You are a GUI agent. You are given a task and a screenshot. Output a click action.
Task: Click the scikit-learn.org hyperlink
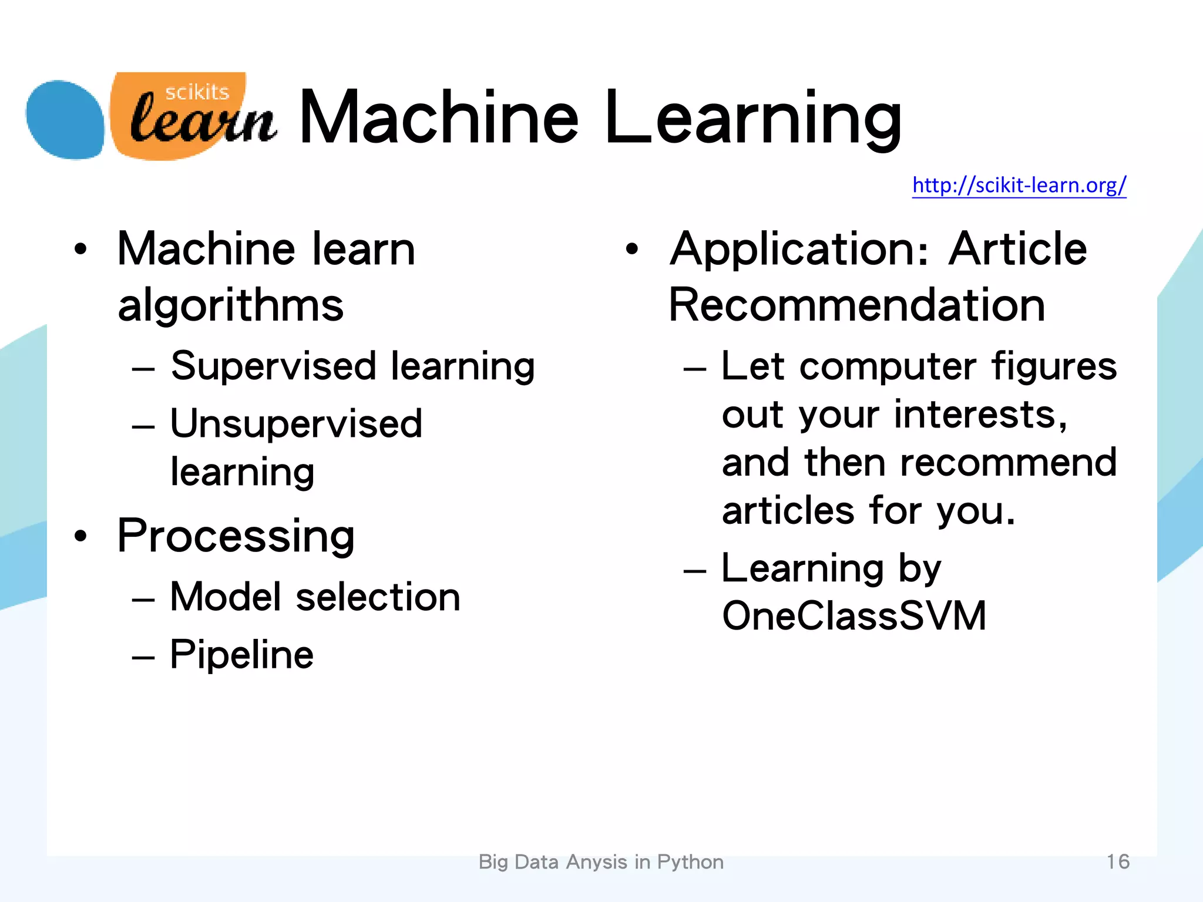(x=1019, y=186)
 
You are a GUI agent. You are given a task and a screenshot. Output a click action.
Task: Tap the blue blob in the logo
(x=65, y=120)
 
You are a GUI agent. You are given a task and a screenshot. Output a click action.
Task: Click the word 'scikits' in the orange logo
(x=197, y=92)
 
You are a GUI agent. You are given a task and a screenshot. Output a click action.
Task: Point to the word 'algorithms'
(x=230, y=305)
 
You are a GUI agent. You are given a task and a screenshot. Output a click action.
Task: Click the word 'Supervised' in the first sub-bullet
(x=273, y=366)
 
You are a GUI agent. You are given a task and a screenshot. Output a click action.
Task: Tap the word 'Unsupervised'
(x=296, y=423)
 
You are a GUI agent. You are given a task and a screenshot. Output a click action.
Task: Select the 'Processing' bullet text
(x=236, y=537)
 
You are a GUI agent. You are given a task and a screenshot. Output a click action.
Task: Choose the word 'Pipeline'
(x=241, y=655)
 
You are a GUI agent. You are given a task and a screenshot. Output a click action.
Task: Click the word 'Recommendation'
(x=856, y=305)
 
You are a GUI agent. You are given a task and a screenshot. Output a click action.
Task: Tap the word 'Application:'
(x=799, y=250)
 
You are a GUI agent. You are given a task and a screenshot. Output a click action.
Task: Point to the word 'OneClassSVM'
(x=854, y=616)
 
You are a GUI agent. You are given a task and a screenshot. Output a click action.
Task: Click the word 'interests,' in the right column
(x=980, y=415)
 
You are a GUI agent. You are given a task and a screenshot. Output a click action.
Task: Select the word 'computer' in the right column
(x=888, y=366)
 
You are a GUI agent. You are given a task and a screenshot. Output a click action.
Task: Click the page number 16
(x=1118, y=861)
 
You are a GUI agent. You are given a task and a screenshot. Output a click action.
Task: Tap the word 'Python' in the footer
(x=690, y=862)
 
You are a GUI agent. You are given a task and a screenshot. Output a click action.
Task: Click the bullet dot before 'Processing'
(x=80, y=536)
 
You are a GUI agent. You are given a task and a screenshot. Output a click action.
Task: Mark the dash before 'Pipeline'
(x=143, y=657)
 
